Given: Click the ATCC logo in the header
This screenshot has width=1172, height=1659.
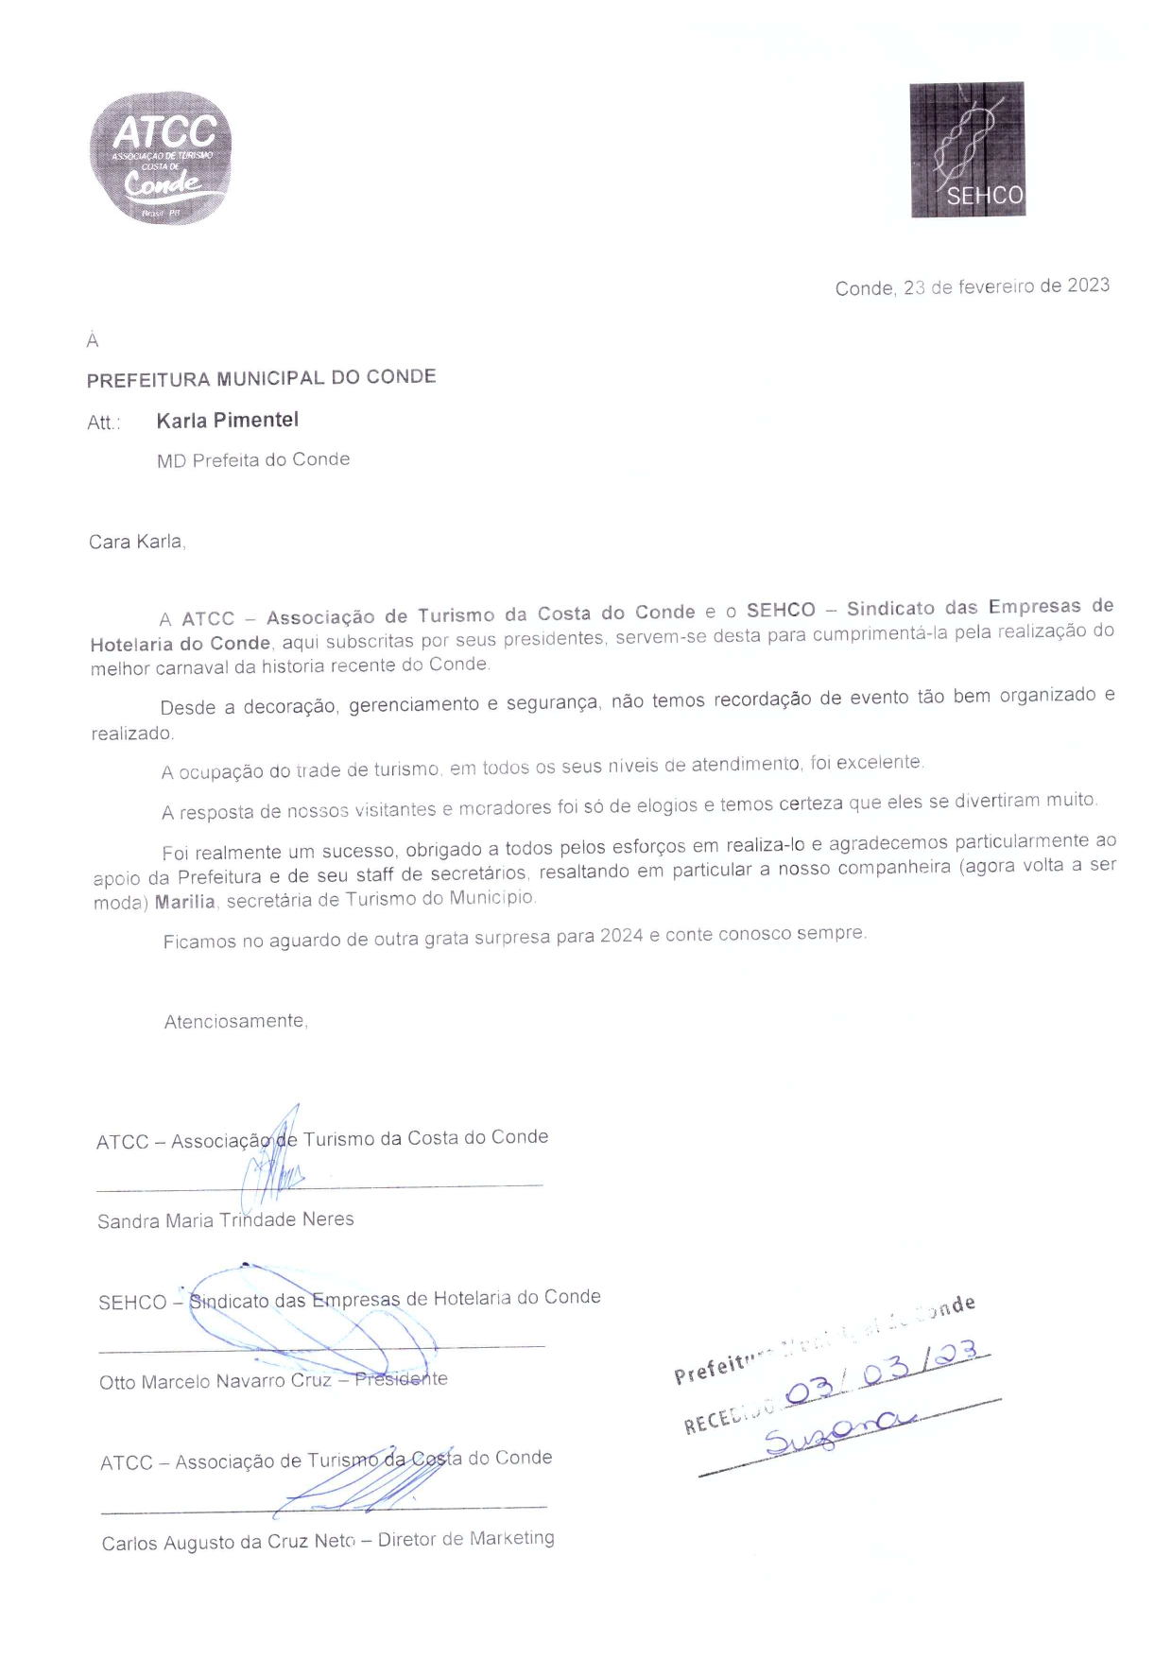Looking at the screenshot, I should (161, 158).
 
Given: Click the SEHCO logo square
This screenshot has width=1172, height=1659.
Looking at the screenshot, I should (967, 149).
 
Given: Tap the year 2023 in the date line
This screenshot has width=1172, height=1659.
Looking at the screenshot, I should (1088, 285).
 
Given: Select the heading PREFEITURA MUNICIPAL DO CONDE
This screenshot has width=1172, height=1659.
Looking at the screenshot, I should (261, 378).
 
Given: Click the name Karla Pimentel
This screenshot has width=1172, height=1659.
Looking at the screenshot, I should (227, 421).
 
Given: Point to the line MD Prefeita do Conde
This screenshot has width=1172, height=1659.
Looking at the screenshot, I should (253, 460).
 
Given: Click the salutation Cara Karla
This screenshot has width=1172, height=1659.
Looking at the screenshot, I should (136, 542).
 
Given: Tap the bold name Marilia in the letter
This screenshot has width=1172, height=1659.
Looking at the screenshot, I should (185, 902).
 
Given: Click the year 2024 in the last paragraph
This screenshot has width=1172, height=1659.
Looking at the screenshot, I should (621, 936).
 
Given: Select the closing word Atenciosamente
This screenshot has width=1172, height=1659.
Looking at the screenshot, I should (235, 1022).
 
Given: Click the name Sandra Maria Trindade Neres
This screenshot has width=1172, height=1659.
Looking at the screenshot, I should (226, 1220).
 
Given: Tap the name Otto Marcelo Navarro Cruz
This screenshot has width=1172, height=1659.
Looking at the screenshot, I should (215, 1382).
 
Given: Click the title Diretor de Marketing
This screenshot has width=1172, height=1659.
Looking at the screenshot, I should (466, 1540).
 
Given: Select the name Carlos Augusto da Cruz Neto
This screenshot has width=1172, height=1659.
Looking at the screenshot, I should (228, 1543).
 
